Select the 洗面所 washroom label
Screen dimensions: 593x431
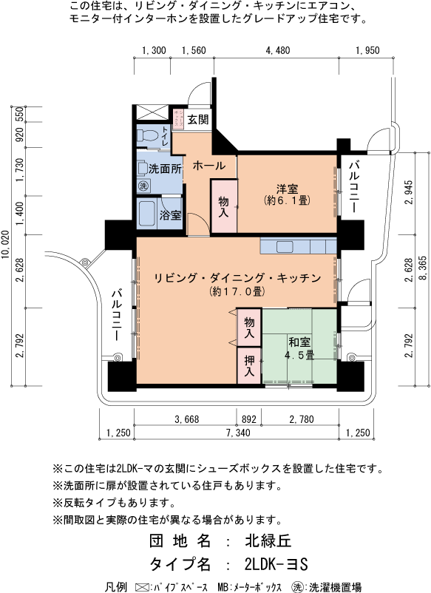tap(165, 169)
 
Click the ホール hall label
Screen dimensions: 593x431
tap(209, 166)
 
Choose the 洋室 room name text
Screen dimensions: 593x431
tap(287, 187)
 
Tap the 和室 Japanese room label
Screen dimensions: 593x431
tap(299, 342)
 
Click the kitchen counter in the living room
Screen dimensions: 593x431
tap(298, 245)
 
